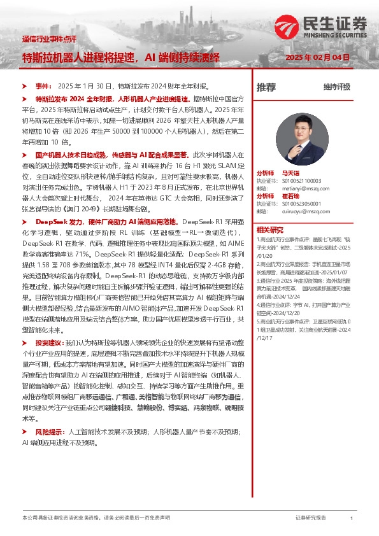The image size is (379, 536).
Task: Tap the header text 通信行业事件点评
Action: tap(48, 39)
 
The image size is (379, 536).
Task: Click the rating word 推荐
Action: tap(266, 87)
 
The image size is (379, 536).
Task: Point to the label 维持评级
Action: tap(336, 87)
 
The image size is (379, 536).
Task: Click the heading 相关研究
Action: tap(269, 229)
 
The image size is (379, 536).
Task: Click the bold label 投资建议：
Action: tap(50, 342)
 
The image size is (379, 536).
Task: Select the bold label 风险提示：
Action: tap(50, 432)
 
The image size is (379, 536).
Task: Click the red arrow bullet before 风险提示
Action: tap(24, 432)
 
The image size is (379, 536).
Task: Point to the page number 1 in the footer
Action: tap(352, 519)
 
